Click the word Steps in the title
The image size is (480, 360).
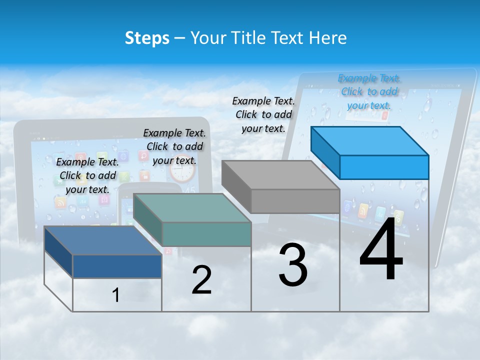click(147, 38)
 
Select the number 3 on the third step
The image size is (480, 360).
click(293, 265)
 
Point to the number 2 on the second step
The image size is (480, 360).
click(201, 280)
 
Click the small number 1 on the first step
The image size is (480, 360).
click(116, 295)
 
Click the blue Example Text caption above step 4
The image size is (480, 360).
click(369, 91)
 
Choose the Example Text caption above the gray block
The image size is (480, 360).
click(263, 114)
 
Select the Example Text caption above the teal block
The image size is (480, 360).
click(174, 146)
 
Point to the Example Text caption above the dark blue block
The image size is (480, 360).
click(87, 175)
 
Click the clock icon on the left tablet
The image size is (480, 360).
click(182, 171)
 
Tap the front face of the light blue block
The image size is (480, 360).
click(384, 167)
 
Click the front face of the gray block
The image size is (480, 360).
click(295, 201)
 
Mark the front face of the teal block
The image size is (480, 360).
click(206, 234)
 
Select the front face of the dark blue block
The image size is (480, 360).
click(117, 266)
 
